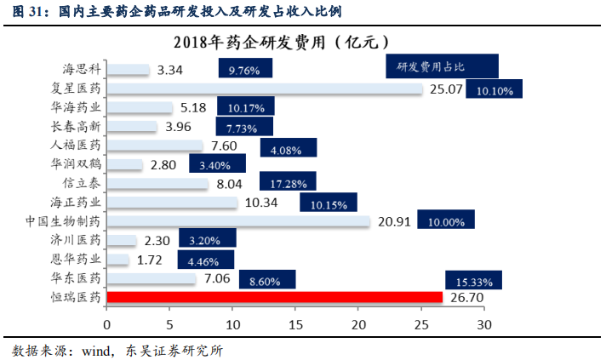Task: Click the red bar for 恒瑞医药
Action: coord(275,297)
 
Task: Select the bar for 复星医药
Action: coord(264,88)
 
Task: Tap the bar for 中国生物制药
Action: coord(238,221)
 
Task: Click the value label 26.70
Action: coord(467,297)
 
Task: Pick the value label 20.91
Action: coord(395,221)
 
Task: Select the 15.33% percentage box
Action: coord(472,280)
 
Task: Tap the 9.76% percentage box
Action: coord(244,71)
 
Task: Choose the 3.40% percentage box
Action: coord(217,164)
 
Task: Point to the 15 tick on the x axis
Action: coord(295,324)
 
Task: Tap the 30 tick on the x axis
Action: coord(483,324)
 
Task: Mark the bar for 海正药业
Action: coord(173,203)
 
